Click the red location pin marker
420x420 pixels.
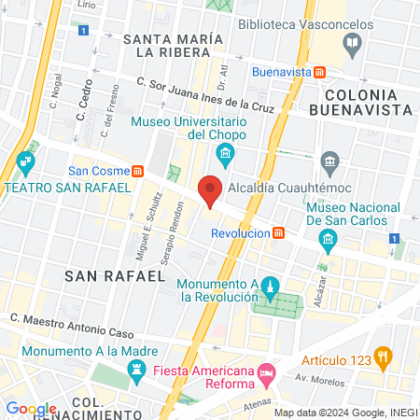click(211, 190)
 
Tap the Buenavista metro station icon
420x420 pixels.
click(320, 72)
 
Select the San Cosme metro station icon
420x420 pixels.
click(138, 171)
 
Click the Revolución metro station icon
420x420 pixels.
click(278, 232)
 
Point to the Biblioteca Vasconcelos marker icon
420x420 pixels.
click(352, 41)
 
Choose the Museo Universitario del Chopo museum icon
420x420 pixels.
click(224, 153)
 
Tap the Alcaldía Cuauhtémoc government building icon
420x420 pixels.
click(329, 162)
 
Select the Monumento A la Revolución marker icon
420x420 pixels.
click(269, 285)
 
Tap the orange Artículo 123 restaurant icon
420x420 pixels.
click(382, 356)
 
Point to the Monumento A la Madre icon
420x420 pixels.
click(137, 371)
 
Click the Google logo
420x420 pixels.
click(31, 408)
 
